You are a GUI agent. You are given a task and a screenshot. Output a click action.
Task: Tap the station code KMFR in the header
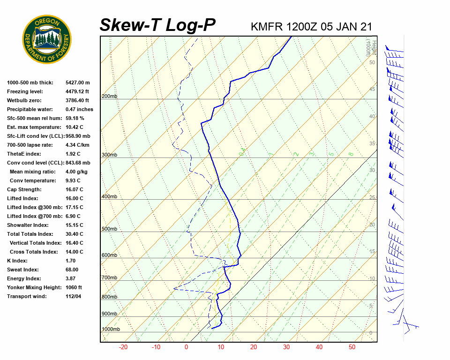267,26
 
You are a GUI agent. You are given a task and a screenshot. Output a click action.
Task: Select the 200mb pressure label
109,97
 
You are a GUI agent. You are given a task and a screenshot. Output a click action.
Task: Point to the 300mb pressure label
109,155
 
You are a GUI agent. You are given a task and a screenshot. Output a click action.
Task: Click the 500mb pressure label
109,229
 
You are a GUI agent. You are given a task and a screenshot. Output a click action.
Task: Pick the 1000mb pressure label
111,330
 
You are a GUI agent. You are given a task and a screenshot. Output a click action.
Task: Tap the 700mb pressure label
109,278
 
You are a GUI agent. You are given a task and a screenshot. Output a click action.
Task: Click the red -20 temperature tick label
123,347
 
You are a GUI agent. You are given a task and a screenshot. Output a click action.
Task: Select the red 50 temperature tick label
352,347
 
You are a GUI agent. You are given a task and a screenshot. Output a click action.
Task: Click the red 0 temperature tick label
186,347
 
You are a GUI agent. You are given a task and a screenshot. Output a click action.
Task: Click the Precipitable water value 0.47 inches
79,109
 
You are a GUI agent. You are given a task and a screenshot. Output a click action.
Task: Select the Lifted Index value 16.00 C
74,198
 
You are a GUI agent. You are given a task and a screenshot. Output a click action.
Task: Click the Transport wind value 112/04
73,296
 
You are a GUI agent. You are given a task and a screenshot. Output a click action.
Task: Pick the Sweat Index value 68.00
72,270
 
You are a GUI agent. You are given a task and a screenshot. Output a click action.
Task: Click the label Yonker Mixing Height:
31,287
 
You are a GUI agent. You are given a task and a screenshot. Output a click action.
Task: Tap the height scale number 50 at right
372,62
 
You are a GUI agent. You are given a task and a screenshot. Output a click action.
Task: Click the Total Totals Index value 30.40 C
74,234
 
